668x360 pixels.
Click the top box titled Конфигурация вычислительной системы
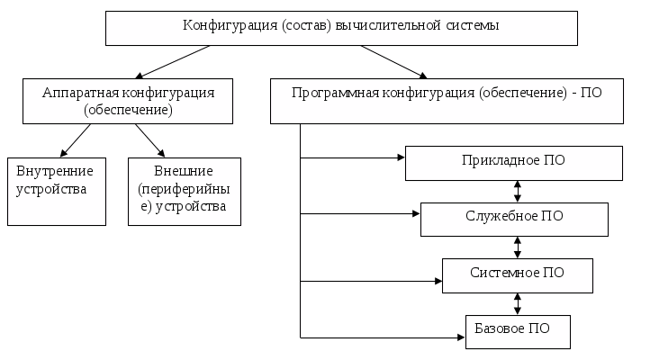coord(341,28)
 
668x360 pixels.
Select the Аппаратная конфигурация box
coord(127,100)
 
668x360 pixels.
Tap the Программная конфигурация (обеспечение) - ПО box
coord(447,100)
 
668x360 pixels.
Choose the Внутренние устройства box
coord(56,191)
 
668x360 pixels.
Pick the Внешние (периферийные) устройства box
coord(185,191)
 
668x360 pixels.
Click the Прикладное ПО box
coord(514,163)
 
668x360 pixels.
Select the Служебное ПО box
coord(514,219)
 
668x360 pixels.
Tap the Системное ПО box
coord(517,274)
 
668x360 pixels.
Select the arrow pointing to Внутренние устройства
coord(77,140)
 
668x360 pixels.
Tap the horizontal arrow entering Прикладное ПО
coord(351,158)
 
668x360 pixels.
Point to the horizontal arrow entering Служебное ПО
coord(360,214)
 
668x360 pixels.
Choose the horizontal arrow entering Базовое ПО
coord(383,338)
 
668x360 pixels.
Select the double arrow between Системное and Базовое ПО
coord(518,302)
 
